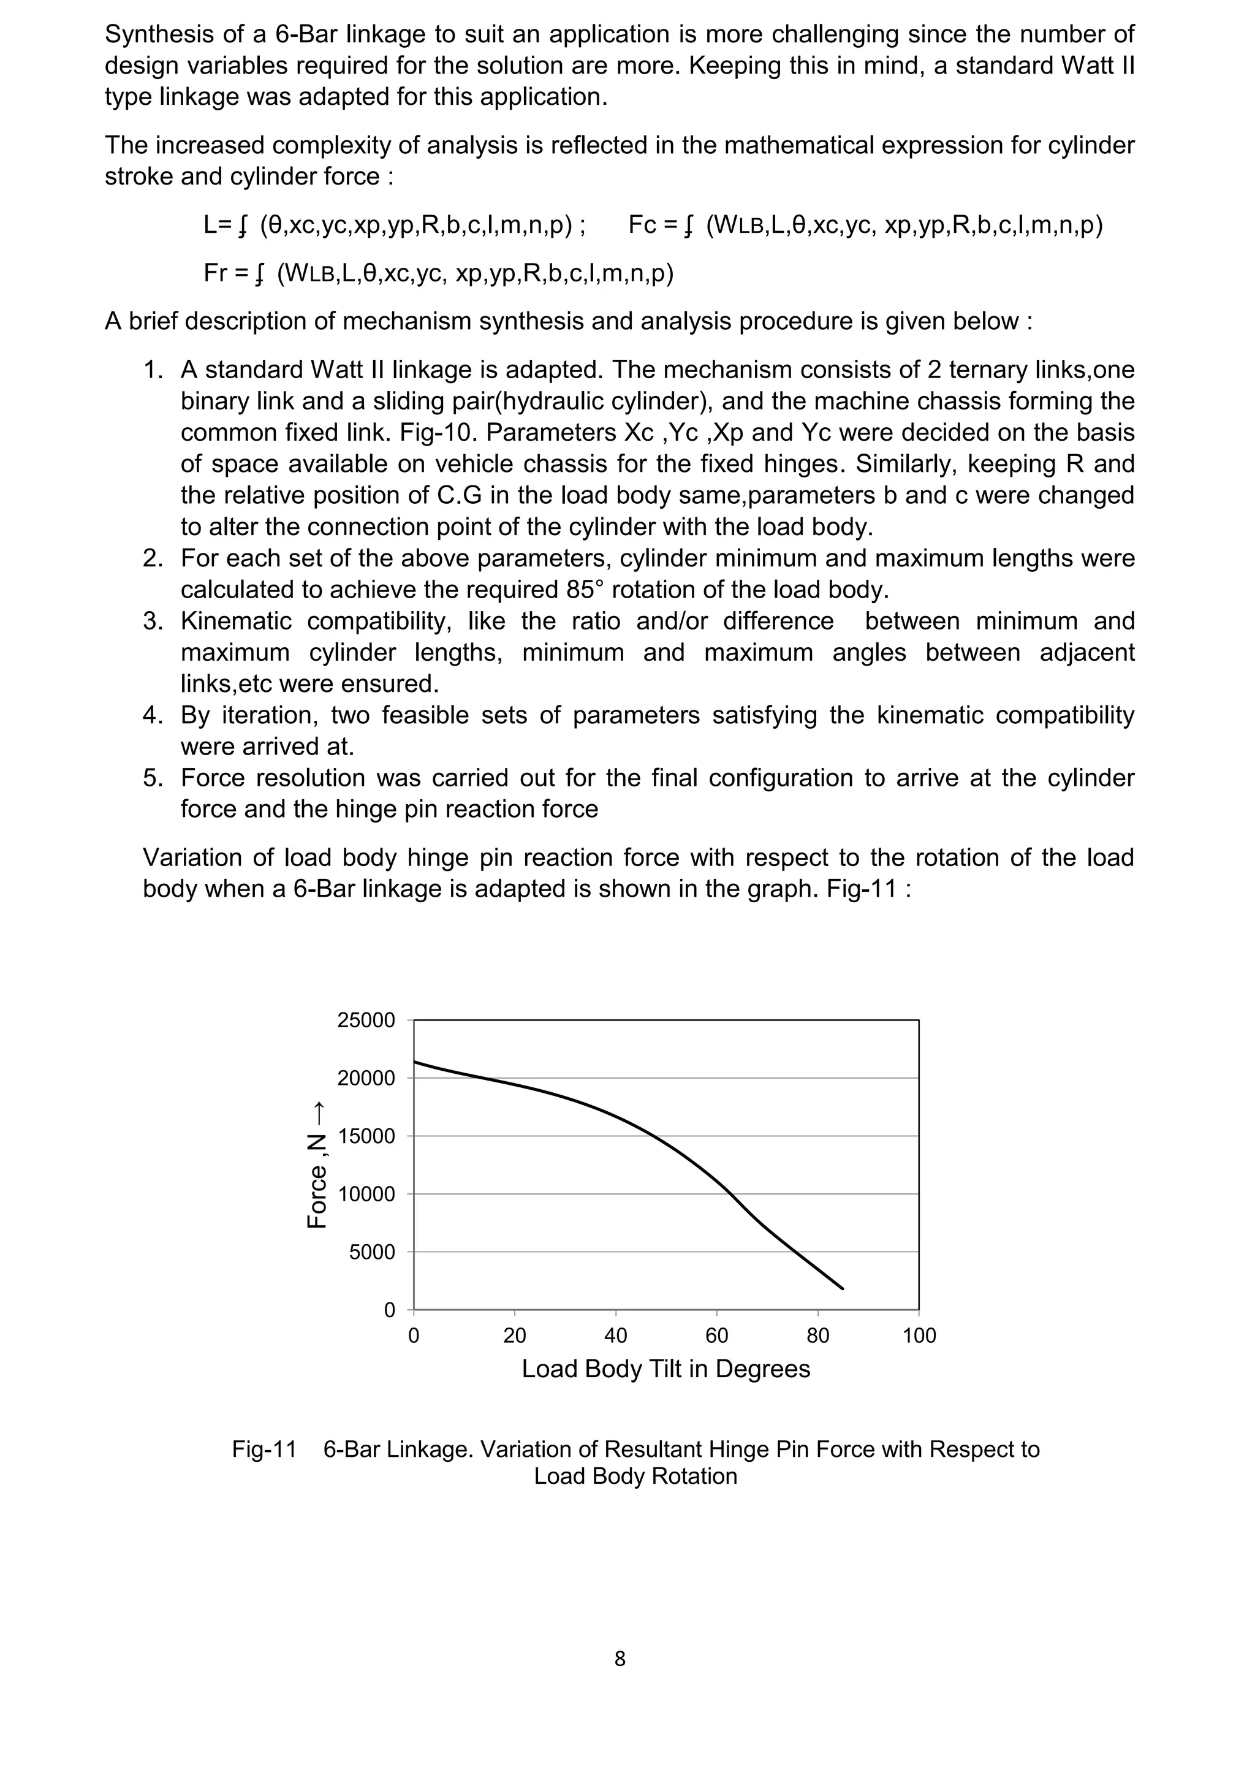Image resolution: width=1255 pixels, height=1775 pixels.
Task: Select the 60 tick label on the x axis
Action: (x=716, y=1336)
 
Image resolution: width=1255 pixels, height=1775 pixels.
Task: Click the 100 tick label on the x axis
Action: (x=919, y=1336)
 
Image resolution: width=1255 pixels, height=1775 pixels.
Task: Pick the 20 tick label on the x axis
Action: (x=515, y=1336)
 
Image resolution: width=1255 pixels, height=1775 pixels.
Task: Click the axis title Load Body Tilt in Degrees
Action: (x=665, y=1369)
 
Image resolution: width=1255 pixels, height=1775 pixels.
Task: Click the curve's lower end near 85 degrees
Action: (x=843, y=1289)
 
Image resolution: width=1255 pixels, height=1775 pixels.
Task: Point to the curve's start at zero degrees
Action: (x=415, y=1062)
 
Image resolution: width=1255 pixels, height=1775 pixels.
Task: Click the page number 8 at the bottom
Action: (x=619, y=1659)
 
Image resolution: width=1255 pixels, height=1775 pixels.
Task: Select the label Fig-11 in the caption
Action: (x=264, y=1450)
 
